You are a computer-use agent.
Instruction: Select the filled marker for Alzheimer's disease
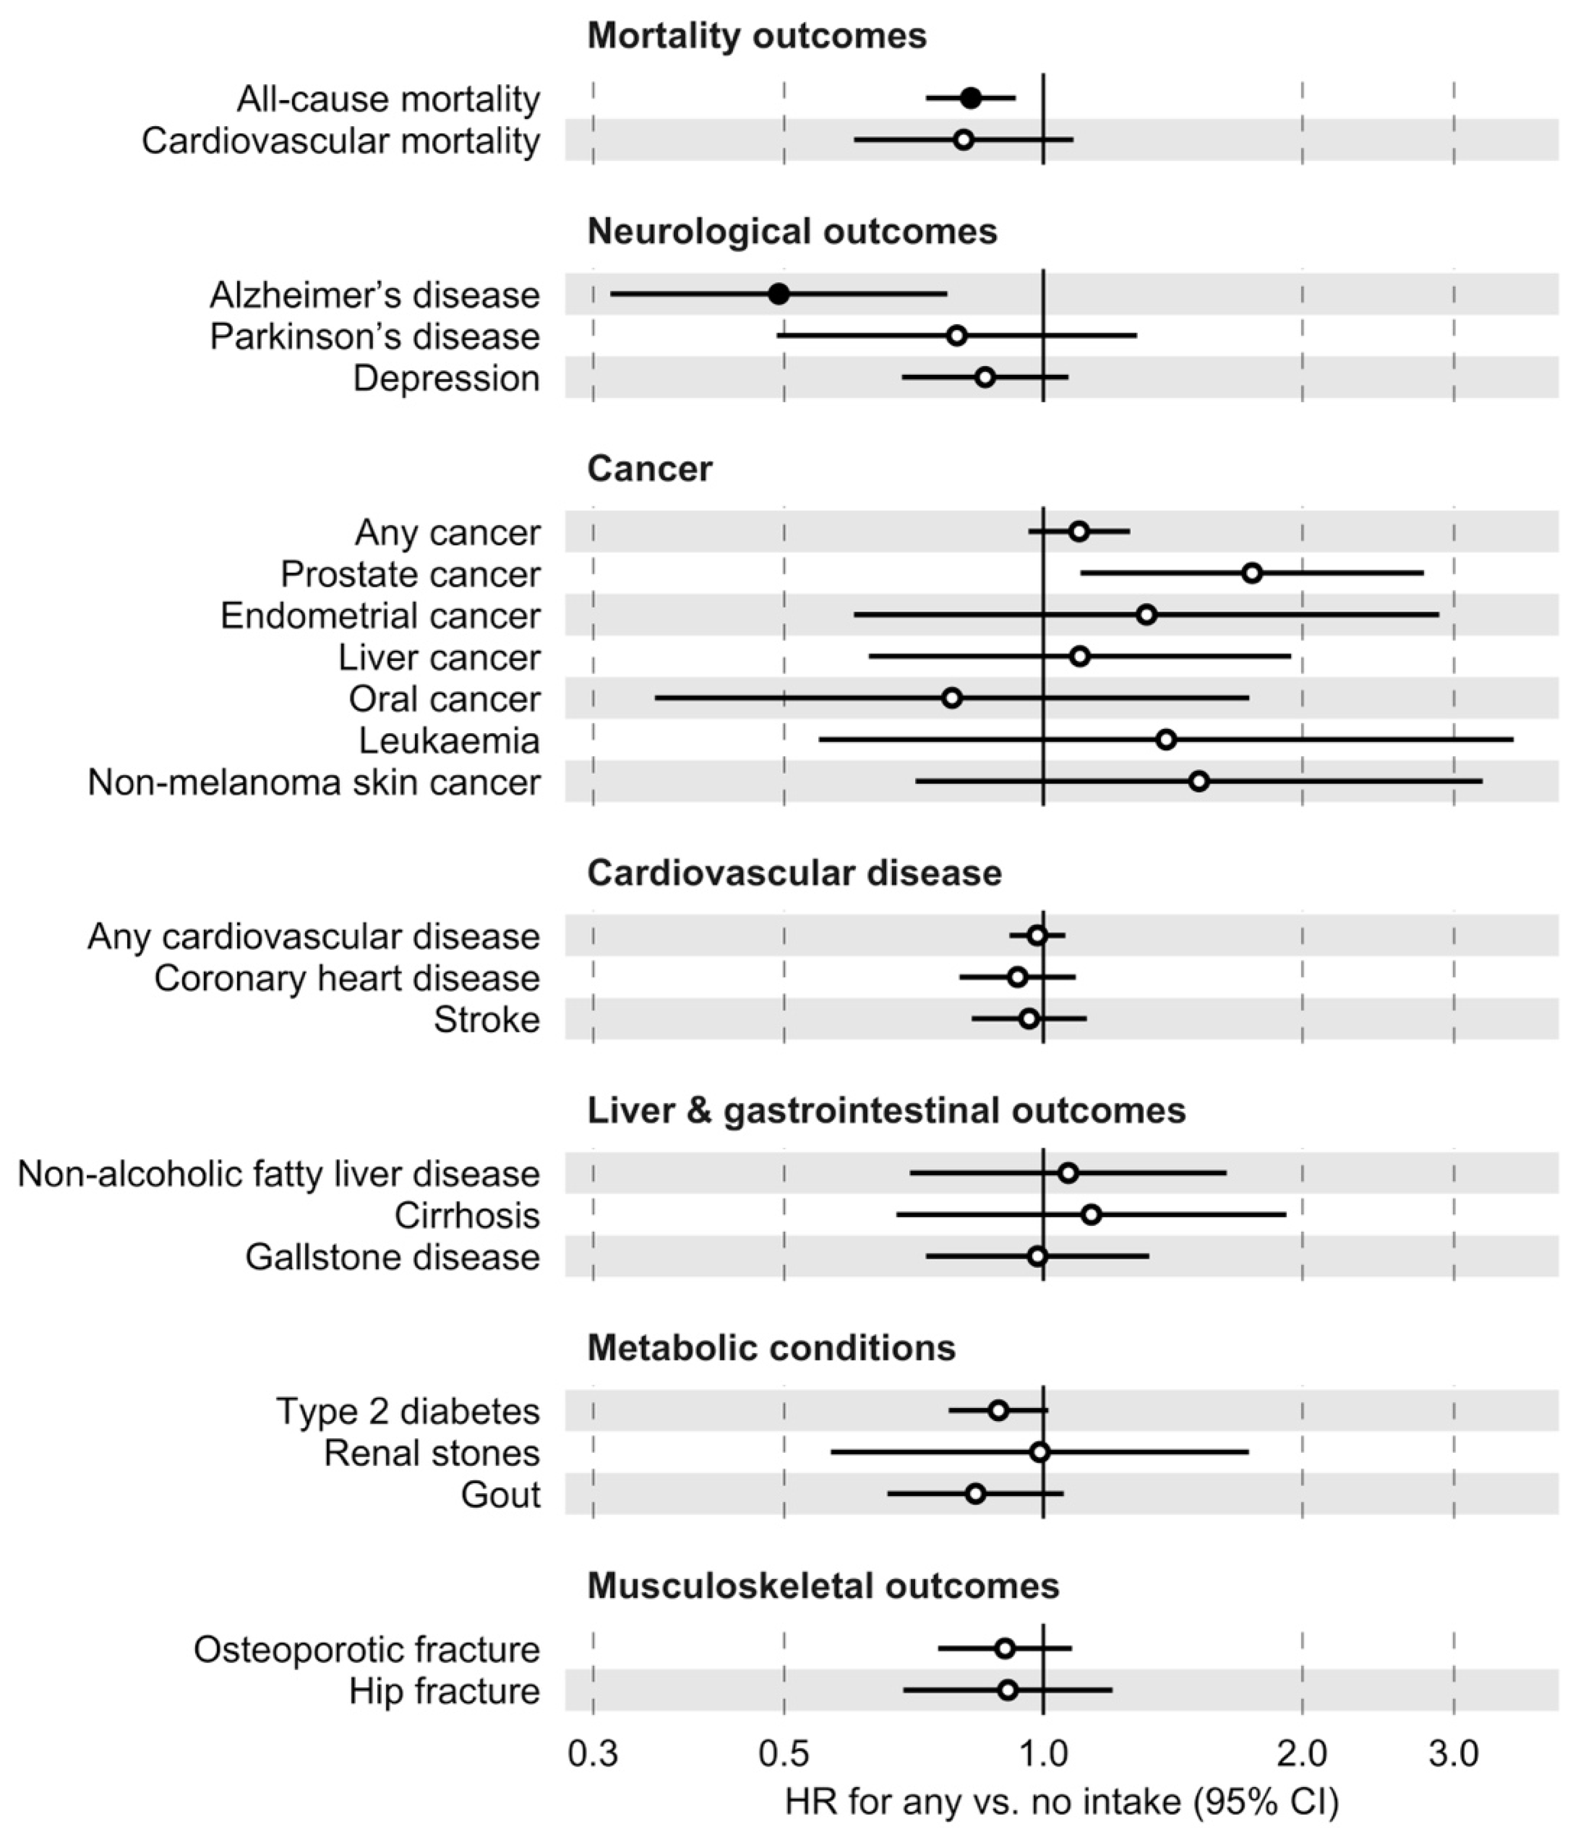pos(779,294)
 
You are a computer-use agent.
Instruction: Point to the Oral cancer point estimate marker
pos(952,698)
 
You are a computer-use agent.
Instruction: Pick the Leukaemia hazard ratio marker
pos(1166,739)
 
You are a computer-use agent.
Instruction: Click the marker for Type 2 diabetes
pos(998,1410)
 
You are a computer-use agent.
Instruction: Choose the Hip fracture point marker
pos(1008,1689)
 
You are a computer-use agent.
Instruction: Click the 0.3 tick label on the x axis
pos(593,1755)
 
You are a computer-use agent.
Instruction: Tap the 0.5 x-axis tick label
pos(784,1755)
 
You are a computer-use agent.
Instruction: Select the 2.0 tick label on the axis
pos(1302,1755)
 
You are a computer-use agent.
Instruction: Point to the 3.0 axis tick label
pos(1454,1755)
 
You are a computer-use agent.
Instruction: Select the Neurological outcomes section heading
pos(792,231)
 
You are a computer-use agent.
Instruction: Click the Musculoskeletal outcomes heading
pos(823,1585)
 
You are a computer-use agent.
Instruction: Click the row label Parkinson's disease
pos(375,336)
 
